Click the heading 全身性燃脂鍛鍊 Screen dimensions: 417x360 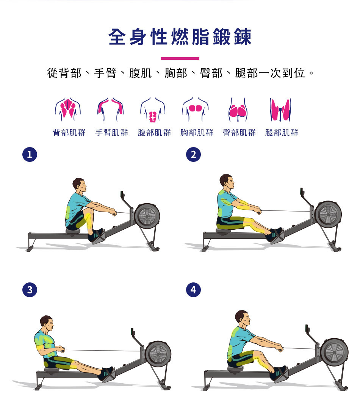click(180, 37)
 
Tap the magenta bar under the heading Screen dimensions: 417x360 click(180, 58)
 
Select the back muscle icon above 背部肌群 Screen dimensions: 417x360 click(68, 110)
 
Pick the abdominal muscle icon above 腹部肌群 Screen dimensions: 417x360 click(153, 111)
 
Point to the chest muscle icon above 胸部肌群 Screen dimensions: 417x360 click(196, 109)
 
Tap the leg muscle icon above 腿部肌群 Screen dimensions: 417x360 click(280, 110)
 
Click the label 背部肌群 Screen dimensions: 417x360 click(69, 133)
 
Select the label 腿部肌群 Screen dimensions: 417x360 click(282, 133)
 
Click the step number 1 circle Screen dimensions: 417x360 click(30, 155)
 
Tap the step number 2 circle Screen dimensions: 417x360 click(194, 155)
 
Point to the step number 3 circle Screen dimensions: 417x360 click(30, 290)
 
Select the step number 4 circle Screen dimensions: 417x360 click(194, 290)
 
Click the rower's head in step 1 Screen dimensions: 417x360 click(79, 185)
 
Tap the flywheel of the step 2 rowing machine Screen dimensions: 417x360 click(328, 215)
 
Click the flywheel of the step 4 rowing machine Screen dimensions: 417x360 click(334, 352)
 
